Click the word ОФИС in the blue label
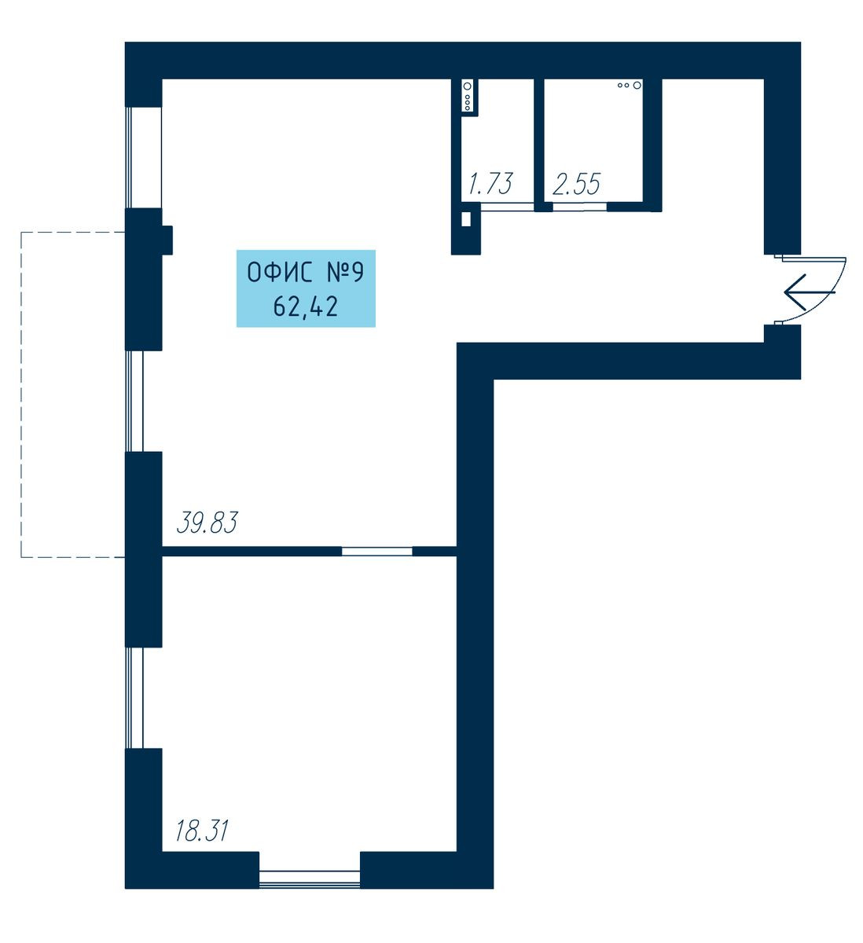(279, 273)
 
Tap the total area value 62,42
(306, 307)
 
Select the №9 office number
(346, 273)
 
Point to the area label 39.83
(207, 523)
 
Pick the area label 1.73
(490, 183)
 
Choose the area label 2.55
(577, 184)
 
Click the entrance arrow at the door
(809, 292)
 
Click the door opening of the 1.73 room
(508, 207)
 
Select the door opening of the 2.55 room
(580, 207)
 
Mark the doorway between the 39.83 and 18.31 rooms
(376, 551)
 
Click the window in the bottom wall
(310, 877)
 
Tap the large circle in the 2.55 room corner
(637, 85)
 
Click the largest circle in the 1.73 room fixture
(468, 86)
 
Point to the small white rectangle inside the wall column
(465, 219)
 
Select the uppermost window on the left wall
(144, 157)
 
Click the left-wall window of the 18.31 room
(134, 698)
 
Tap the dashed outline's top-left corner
(20, 232)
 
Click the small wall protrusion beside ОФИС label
(167, 240)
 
